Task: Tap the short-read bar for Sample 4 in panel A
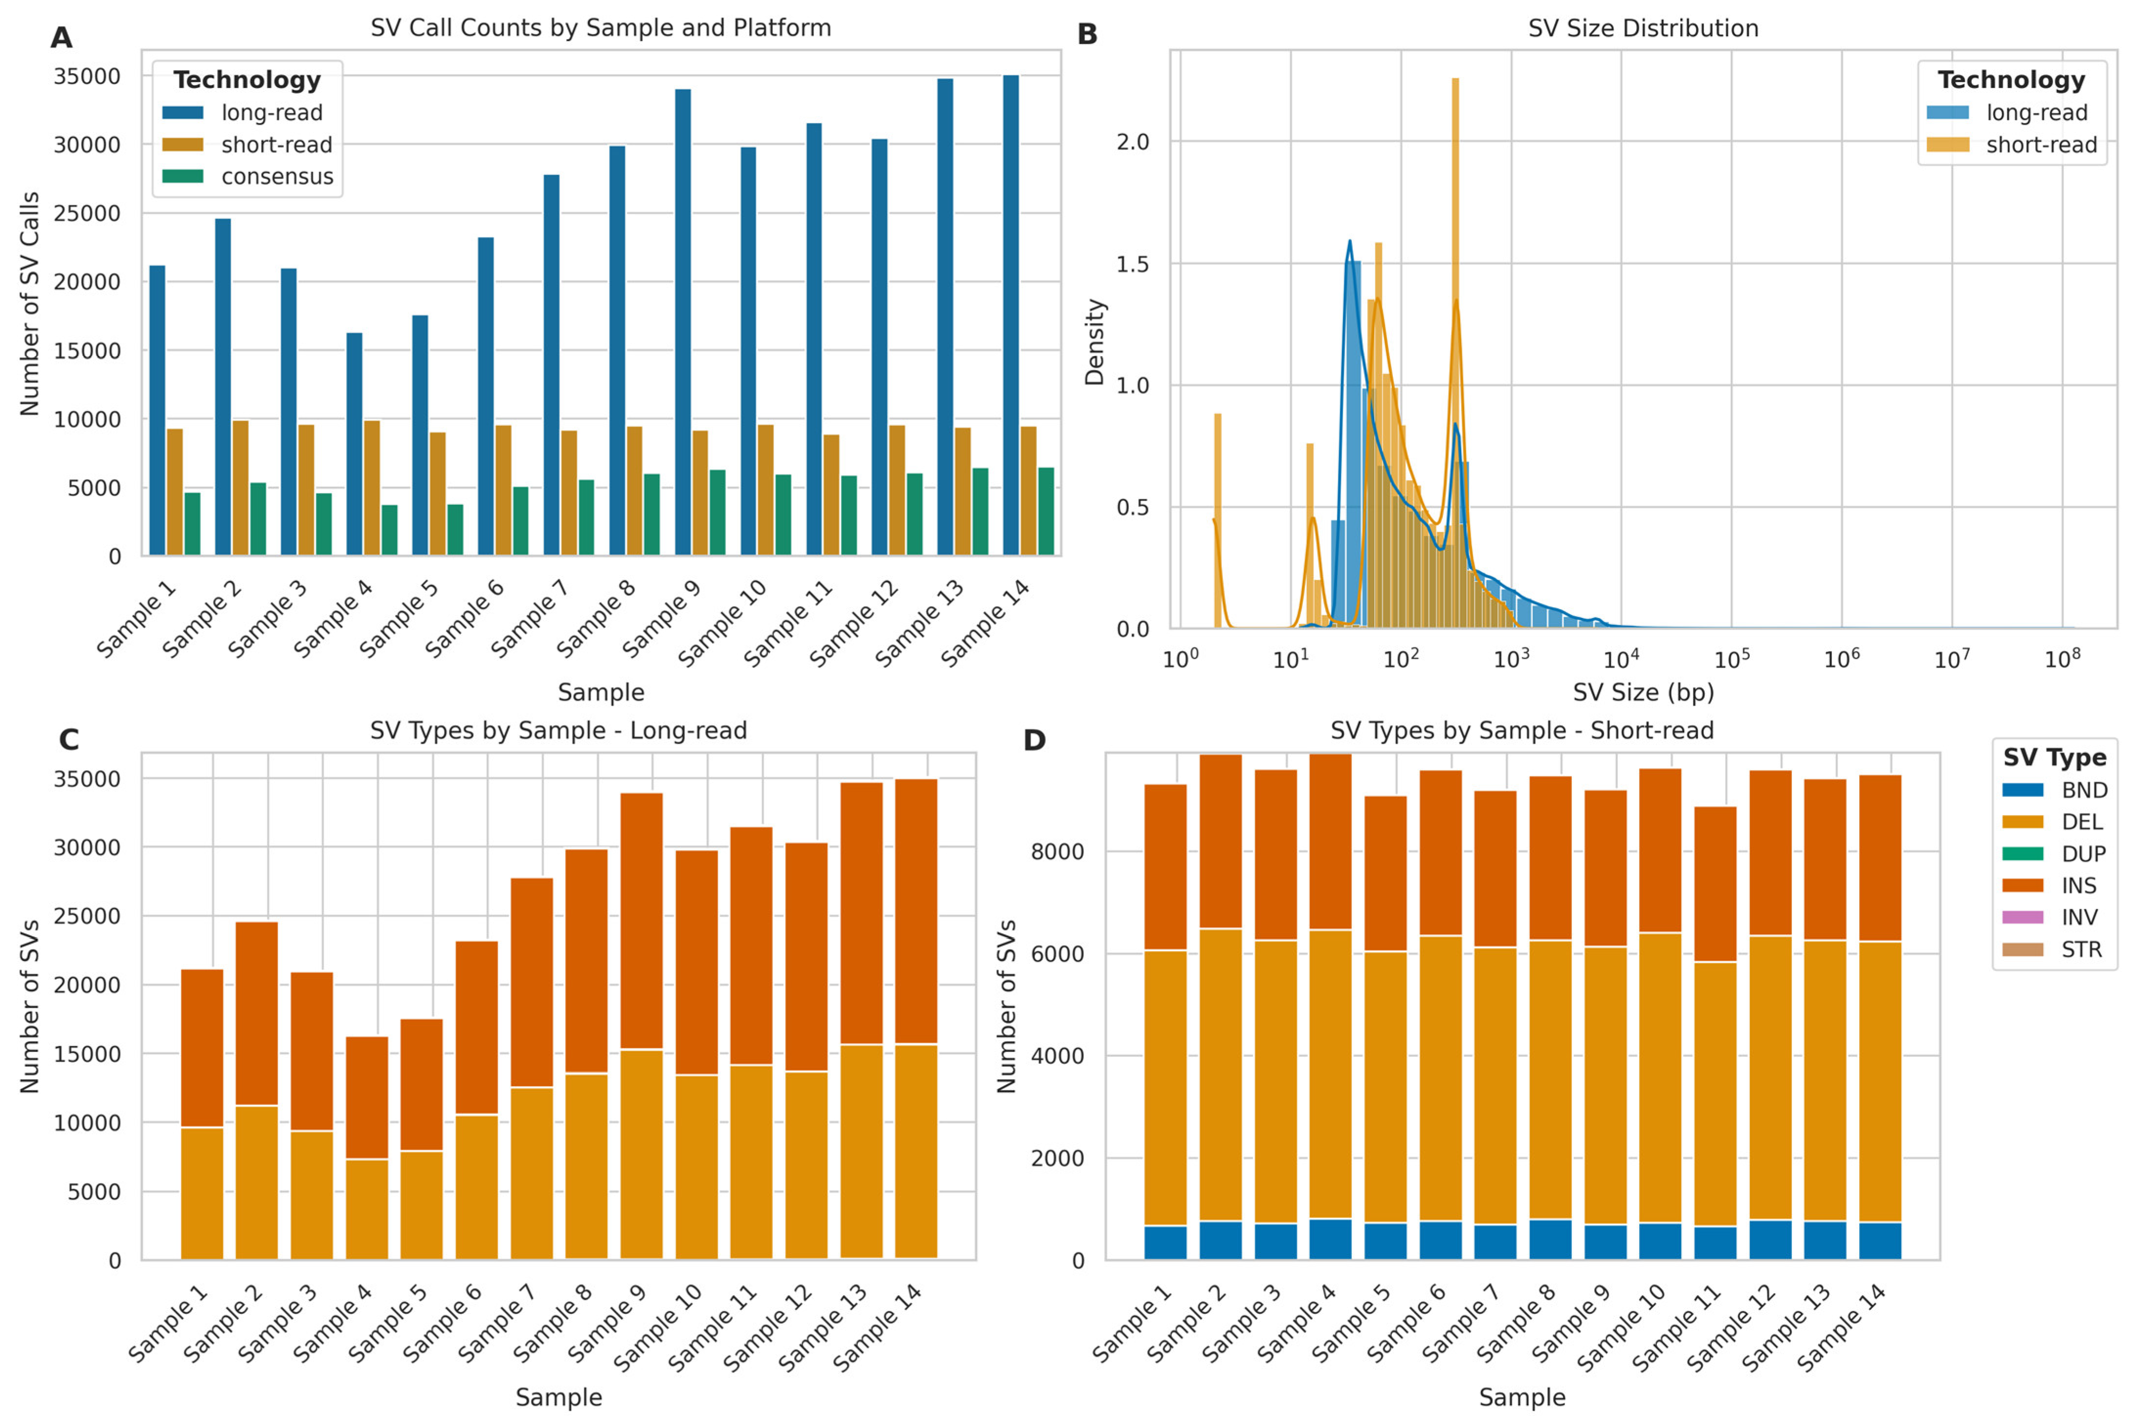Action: tap(372, 488)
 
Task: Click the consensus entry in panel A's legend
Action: tap(277, 177)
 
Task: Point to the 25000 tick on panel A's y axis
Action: tap(87, 214)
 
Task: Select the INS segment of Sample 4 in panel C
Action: tap(367, 1097)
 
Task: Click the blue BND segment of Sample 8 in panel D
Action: tap(1550, 1240)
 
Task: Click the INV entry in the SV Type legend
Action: tap(2078, 918)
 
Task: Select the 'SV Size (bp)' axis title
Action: tap(1643, 693)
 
